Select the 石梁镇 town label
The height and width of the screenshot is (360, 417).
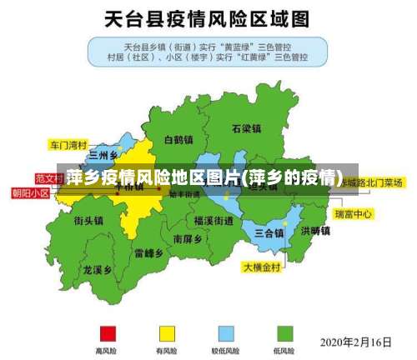click(x=246, y=128)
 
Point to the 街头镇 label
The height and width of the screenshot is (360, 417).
click(x=88, y=221)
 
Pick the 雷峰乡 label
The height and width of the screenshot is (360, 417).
click(x=148, y=252)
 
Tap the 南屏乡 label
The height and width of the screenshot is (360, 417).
click(x=188, y=238)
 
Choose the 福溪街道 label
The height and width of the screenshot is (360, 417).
click(x=213, y=220)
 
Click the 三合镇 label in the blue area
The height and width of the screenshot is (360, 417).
click(x=269, y=232)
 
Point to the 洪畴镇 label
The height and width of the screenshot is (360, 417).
click(x=315, y=230)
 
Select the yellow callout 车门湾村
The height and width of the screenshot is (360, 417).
click(x=68, y=144)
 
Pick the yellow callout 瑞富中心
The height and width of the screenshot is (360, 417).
click(x=354, y=214)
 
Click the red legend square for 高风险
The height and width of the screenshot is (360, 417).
click(x=106, y=333)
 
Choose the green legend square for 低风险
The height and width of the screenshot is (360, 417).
click(x=284, y=333)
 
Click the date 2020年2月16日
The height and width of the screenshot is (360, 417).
click(x=356, y=342)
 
